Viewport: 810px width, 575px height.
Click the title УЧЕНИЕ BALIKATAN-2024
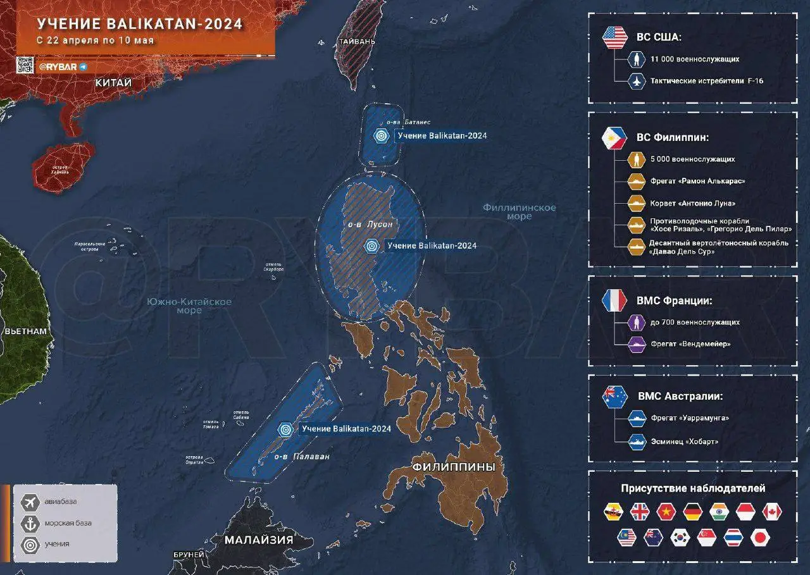click(x=139, y=24)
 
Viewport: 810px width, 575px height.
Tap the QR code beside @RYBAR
click(x=25, y=65)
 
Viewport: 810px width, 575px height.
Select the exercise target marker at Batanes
click(x=381, y=135)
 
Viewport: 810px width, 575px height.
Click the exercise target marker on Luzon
click(x=372, y=246)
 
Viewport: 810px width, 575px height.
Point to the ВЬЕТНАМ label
click(x=25, y=331)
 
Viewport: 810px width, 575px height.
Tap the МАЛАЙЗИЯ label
click(x=259, y=540)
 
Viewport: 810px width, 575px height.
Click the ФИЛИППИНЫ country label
click(x=453, y=467)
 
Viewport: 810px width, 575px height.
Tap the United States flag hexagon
click(x=614, y=37)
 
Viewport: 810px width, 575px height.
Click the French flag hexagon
click(x=614, y=299)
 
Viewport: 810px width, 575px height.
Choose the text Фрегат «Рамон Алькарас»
click(x=697, y=181)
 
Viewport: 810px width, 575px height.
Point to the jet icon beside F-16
click(x=637, y=81)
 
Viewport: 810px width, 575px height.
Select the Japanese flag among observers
click(x=760, y=538)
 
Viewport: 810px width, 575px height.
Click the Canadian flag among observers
click(x=773, y=512)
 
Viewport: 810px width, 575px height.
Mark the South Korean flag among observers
click(x=680, y=538)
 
